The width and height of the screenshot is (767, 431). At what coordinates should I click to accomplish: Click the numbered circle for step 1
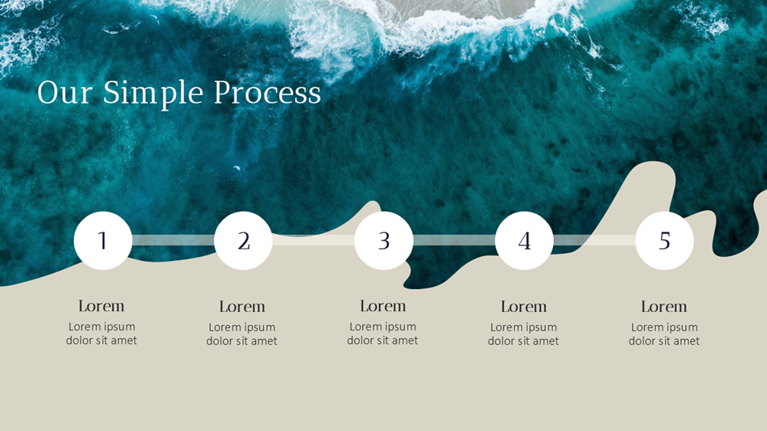coord(103,241)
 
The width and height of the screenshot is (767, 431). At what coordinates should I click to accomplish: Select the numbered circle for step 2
coord(243,241)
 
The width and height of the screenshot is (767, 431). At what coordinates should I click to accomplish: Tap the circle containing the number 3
coord(383,241)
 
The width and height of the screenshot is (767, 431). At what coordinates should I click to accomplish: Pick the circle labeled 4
coord(524,241)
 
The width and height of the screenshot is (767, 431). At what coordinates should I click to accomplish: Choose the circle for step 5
coord(664,241)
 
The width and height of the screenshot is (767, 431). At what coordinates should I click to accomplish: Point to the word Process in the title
coord(267,93)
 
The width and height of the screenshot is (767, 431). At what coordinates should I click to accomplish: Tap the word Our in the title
coord(64,93)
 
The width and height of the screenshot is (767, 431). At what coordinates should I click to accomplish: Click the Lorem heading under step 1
coord(101,306)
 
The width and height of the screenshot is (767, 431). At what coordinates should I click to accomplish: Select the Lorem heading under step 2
coord(242,307)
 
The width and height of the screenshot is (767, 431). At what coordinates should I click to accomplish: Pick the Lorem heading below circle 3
coord(383,306)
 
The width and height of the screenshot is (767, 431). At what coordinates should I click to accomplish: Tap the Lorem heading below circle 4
coord(523,307)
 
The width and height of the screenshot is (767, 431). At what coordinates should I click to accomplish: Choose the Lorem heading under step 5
coord(663,307)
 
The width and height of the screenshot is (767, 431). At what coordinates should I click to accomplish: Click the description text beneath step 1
coord(101,334)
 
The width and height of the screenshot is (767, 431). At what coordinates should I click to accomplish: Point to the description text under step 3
coord(383,334)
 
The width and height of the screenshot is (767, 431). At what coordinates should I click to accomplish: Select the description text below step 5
coord(664,334)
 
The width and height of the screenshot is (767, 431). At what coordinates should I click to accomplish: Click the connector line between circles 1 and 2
coord(173,240)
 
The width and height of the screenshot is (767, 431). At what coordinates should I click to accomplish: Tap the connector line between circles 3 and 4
coord(454,240)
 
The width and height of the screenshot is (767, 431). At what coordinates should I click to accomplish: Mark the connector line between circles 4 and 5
coord(594,240)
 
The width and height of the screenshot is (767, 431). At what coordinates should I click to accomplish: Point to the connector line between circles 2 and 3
coord(313,240)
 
